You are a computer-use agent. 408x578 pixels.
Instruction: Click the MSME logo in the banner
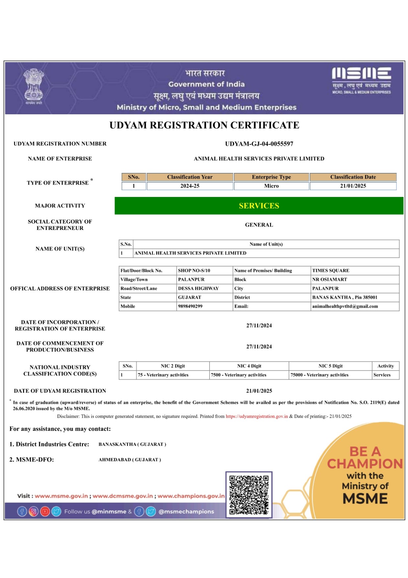(x=361, y=80)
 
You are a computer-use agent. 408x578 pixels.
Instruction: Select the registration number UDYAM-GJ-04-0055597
(x=259, y=144)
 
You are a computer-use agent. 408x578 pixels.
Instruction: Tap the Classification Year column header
(x=190, y=177)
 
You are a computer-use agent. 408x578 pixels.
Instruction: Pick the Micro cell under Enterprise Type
(x=271, y=186)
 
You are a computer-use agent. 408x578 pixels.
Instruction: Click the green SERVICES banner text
(x=259, y=206)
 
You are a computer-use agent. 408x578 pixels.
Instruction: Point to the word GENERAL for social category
(x=259, y=225)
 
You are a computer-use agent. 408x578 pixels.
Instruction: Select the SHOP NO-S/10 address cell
(x=194, y=271)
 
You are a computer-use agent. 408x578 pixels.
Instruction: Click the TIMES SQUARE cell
(x=331, y=271)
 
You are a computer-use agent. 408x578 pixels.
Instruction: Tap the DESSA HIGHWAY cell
(x=198, y=289)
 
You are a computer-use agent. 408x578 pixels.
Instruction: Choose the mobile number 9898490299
(x=190, y=306)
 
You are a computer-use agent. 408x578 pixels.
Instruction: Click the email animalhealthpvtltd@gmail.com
(x=345, y=306)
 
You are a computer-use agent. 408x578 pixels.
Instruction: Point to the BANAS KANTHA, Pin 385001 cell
(x=344, y=297)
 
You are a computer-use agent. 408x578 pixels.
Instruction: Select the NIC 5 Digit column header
(x=330, y=366)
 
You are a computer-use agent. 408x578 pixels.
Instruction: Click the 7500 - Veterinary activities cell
(x=239, y=375)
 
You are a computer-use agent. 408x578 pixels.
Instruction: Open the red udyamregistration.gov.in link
(x=257, y=416)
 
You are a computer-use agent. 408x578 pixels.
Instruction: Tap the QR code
(x=249, y=495)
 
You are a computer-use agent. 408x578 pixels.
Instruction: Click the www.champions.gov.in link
(x=191, y=496)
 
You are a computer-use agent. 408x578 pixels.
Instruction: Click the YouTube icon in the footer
(x=45, y=511)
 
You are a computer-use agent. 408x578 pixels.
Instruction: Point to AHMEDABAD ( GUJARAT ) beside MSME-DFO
(x=130, y=460)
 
